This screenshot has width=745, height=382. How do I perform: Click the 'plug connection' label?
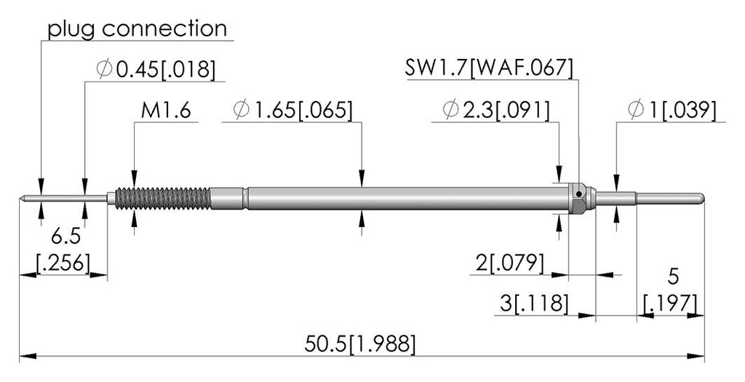click(138, 29)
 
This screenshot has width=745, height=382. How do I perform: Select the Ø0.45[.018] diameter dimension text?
click(156, 70)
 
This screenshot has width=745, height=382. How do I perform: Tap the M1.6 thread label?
click(166, 111)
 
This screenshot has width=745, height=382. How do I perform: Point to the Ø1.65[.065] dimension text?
click(293, 111)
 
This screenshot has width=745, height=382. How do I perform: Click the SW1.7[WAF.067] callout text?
click(489, 68)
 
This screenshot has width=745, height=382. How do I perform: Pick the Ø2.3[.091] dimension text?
click(496, 111)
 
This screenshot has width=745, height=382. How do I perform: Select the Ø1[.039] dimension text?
click(672, 110)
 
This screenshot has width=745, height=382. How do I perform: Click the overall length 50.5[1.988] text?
click(359, 344)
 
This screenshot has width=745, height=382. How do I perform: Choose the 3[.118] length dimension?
click(534, 303)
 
